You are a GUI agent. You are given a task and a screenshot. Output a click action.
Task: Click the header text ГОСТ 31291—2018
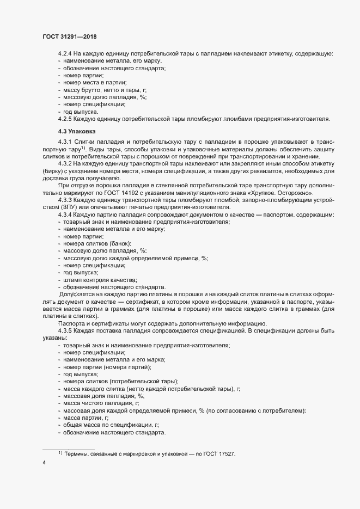coord(70,36)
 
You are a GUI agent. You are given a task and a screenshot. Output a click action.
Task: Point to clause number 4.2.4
coord(65,53)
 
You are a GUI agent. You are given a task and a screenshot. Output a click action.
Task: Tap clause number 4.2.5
coord(65,119)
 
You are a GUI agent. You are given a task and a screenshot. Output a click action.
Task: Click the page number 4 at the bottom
coord(44,463)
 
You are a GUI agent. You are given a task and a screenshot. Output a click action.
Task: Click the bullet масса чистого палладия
coord(101,403)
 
